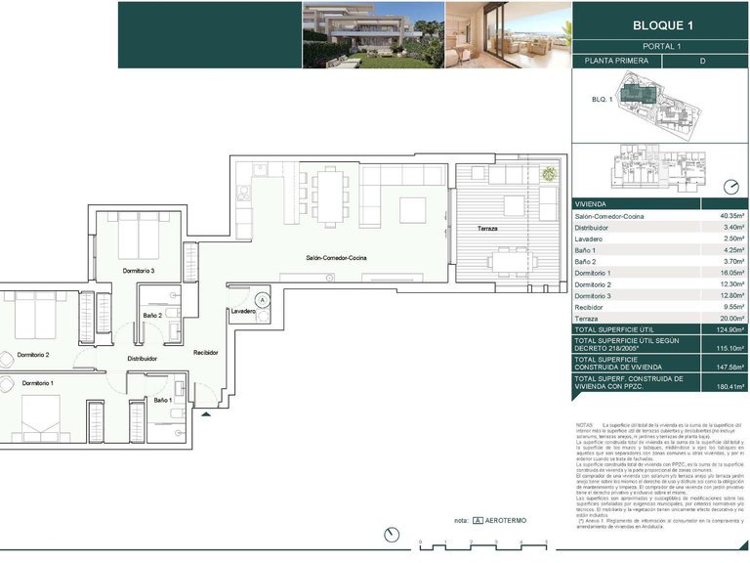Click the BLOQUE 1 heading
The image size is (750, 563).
[661, 24]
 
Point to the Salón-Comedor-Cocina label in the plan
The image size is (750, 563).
[336, 258]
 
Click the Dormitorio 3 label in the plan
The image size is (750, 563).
[139, 270]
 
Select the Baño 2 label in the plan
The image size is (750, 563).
[152, 316]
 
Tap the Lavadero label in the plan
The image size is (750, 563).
[244, 312]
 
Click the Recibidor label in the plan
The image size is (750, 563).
[206, 352]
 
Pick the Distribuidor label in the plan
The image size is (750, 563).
[143, 359]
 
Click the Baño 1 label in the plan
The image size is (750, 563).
[162, 401]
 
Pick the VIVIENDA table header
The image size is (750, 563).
[593, 204]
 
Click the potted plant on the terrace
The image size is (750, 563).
[549, 174]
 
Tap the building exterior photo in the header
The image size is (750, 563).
[371, 34]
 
